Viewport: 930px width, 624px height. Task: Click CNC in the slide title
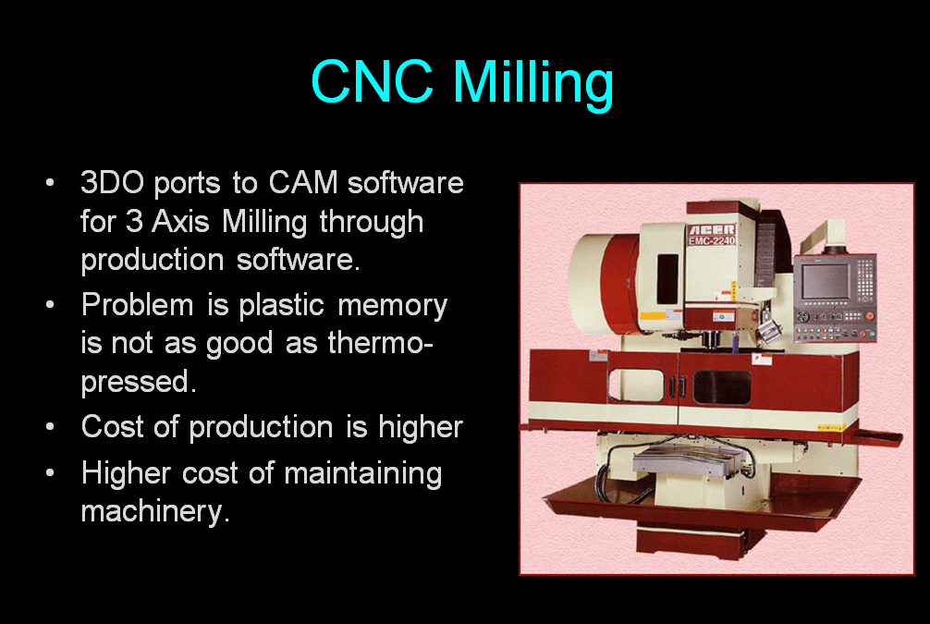point(372,81)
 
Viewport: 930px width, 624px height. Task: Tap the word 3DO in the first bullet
point(112,182)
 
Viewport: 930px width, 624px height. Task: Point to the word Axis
point(180,221)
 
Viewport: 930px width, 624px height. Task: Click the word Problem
point(138,305)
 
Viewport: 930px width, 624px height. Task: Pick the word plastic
point(281,306)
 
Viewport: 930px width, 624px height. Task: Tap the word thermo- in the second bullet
point(380,343)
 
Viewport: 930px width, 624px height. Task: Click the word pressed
point(138,383)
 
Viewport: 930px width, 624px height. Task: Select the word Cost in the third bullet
point(112,426)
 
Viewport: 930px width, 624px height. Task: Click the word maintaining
point(363,474)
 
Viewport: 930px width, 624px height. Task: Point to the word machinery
point(154,512)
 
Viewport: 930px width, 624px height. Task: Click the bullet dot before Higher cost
point(50,472)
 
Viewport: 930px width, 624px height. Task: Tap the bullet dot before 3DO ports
point(50,181)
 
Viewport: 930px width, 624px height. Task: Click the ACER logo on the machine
point(712,229)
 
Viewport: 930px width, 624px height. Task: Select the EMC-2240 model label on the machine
point(712,241)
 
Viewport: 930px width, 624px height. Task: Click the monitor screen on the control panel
point(825,281)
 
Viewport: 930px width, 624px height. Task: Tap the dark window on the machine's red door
point(722,387)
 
